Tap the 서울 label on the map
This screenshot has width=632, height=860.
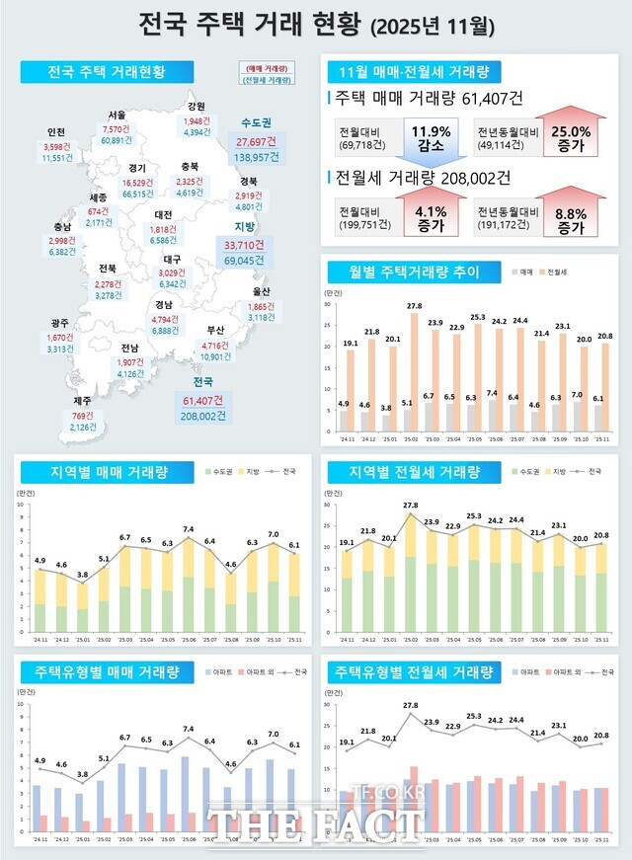click(117, 115)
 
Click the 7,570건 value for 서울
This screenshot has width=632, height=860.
click(116, 128)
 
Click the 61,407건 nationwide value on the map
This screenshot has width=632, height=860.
click(203, 400)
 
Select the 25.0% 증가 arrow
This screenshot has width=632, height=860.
click(570, 136)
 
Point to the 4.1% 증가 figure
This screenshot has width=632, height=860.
click(430, 217)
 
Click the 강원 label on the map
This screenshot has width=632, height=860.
click(196, 107)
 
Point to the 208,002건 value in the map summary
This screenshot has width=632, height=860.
click(203, 416)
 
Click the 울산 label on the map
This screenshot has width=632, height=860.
click(261, 291)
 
